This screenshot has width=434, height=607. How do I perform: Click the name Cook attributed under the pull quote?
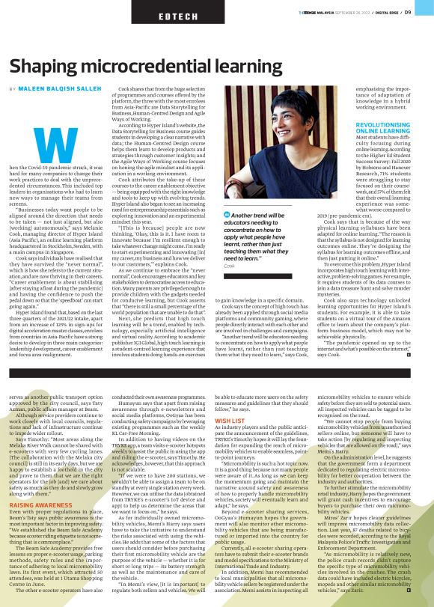230,266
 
